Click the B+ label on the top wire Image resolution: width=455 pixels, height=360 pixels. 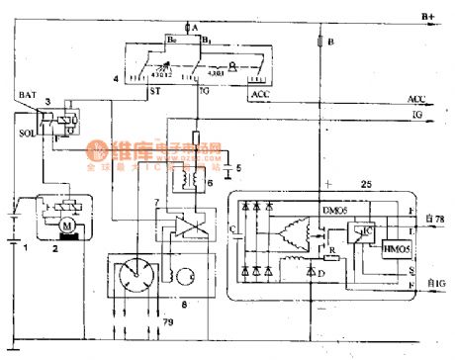click(428, 16)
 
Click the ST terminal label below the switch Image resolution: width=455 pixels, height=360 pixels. click(155, 90)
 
